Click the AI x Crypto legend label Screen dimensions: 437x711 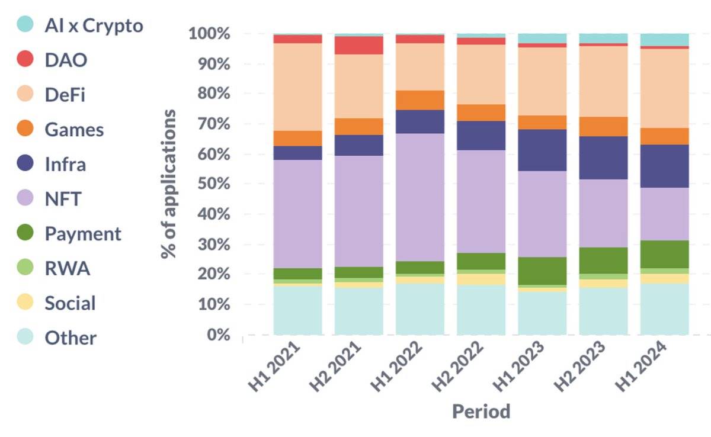pyautogui.click(x=94, y=25)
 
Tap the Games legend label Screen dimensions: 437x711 pyautogui.click(x=74, y=130)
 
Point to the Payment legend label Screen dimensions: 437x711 pyautogui.click(x=83, y=234)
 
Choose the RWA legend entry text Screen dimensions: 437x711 pyautogui.click(x=67, y=269)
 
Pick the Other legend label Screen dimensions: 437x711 pyautogui.click(x=71, y=338)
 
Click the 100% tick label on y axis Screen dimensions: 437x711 pyautogui.click(x=209, y=34)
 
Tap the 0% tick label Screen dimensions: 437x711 pyautogui.click(x=218, y=335)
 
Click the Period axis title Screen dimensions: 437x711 pyautogui.click(x=481, y=411)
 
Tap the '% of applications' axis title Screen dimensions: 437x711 pyautogui.click(x=169, y=184)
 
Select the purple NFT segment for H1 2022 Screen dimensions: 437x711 pyautogui.click(x=420, y=197)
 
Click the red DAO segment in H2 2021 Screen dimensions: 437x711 pyautogui.click(x=359, y=45)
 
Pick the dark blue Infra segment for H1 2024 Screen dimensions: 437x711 pyautogui.click(x=664, y=166)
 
